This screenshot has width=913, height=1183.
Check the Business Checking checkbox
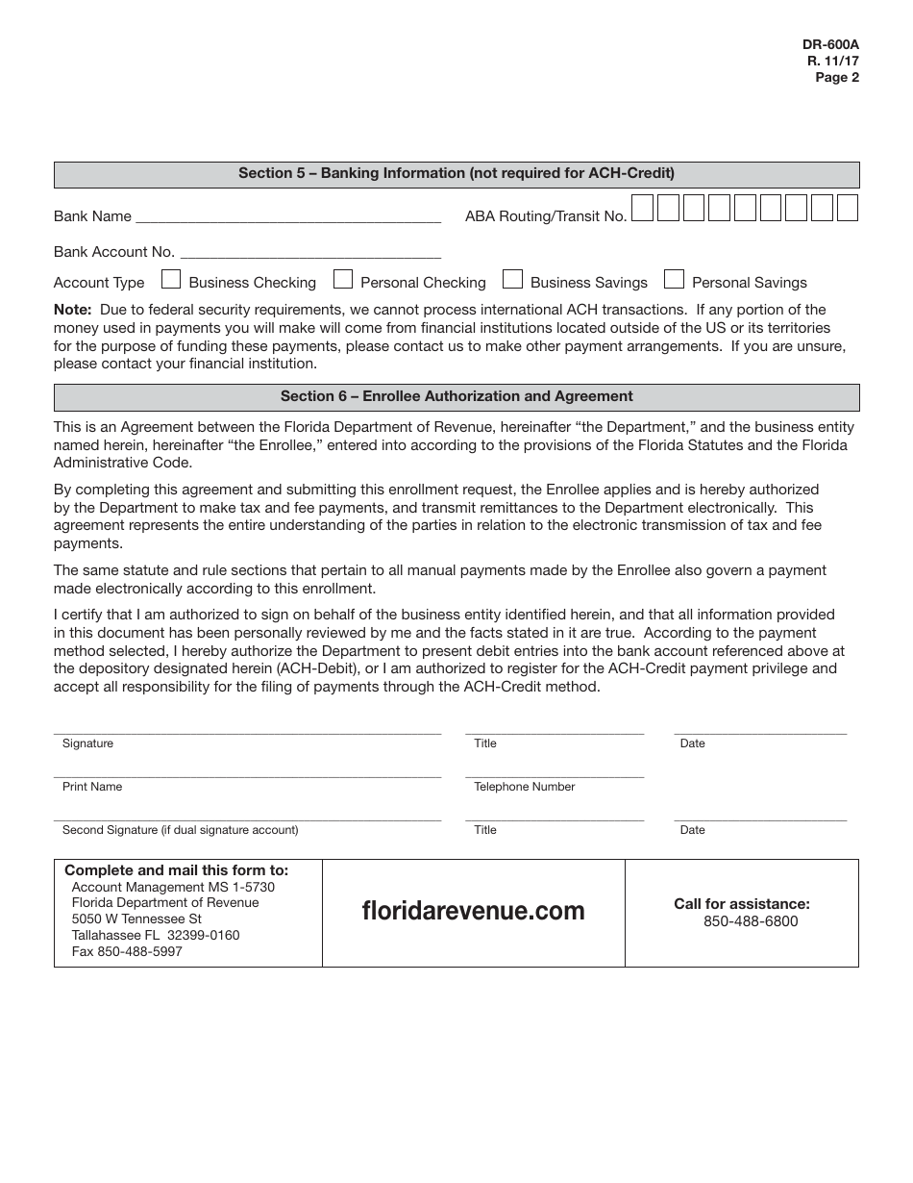point(171,280)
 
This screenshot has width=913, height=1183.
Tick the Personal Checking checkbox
point(343,280)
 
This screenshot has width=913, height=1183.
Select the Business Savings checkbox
point(513,280)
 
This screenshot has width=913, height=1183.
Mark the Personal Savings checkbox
point(675,280)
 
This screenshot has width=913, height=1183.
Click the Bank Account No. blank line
point(310,251)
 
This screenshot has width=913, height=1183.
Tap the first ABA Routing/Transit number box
point(643,208)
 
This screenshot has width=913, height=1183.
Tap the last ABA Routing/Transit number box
point(848,208)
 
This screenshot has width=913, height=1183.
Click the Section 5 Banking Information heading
point(456,174)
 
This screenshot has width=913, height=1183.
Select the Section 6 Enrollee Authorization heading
point(456,396)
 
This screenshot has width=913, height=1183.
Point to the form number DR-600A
point(831,45)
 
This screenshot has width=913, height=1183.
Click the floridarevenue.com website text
point(473,911)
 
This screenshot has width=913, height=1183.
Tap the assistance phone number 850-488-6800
point(751,921)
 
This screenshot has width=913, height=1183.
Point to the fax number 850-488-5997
point(127,951)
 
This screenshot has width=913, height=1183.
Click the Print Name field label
point(92,787)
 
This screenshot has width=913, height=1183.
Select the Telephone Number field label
point(524,787)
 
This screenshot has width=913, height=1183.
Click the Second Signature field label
point(180,830)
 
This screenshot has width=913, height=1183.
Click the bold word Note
point(72,310)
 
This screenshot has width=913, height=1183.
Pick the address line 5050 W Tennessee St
point(136,919)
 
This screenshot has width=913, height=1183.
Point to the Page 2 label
point(837,78)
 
